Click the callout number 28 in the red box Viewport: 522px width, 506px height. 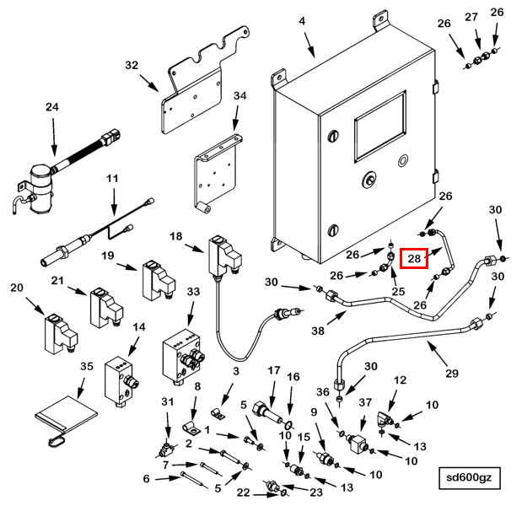pos(414,258)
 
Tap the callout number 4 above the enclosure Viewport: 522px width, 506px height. pos(301,21)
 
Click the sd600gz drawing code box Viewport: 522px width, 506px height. pos(474,478)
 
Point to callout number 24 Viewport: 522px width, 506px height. pos(53,107)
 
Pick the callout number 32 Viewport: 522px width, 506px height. pos(132,65)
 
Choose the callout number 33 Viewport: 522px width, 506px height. pos(193,291)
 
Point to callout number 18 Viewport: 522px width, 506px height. pos(176,237)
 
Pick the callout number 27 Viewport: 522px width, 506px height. pos(471,16)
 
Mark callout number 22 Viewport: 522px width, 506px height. pos(244,493)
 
